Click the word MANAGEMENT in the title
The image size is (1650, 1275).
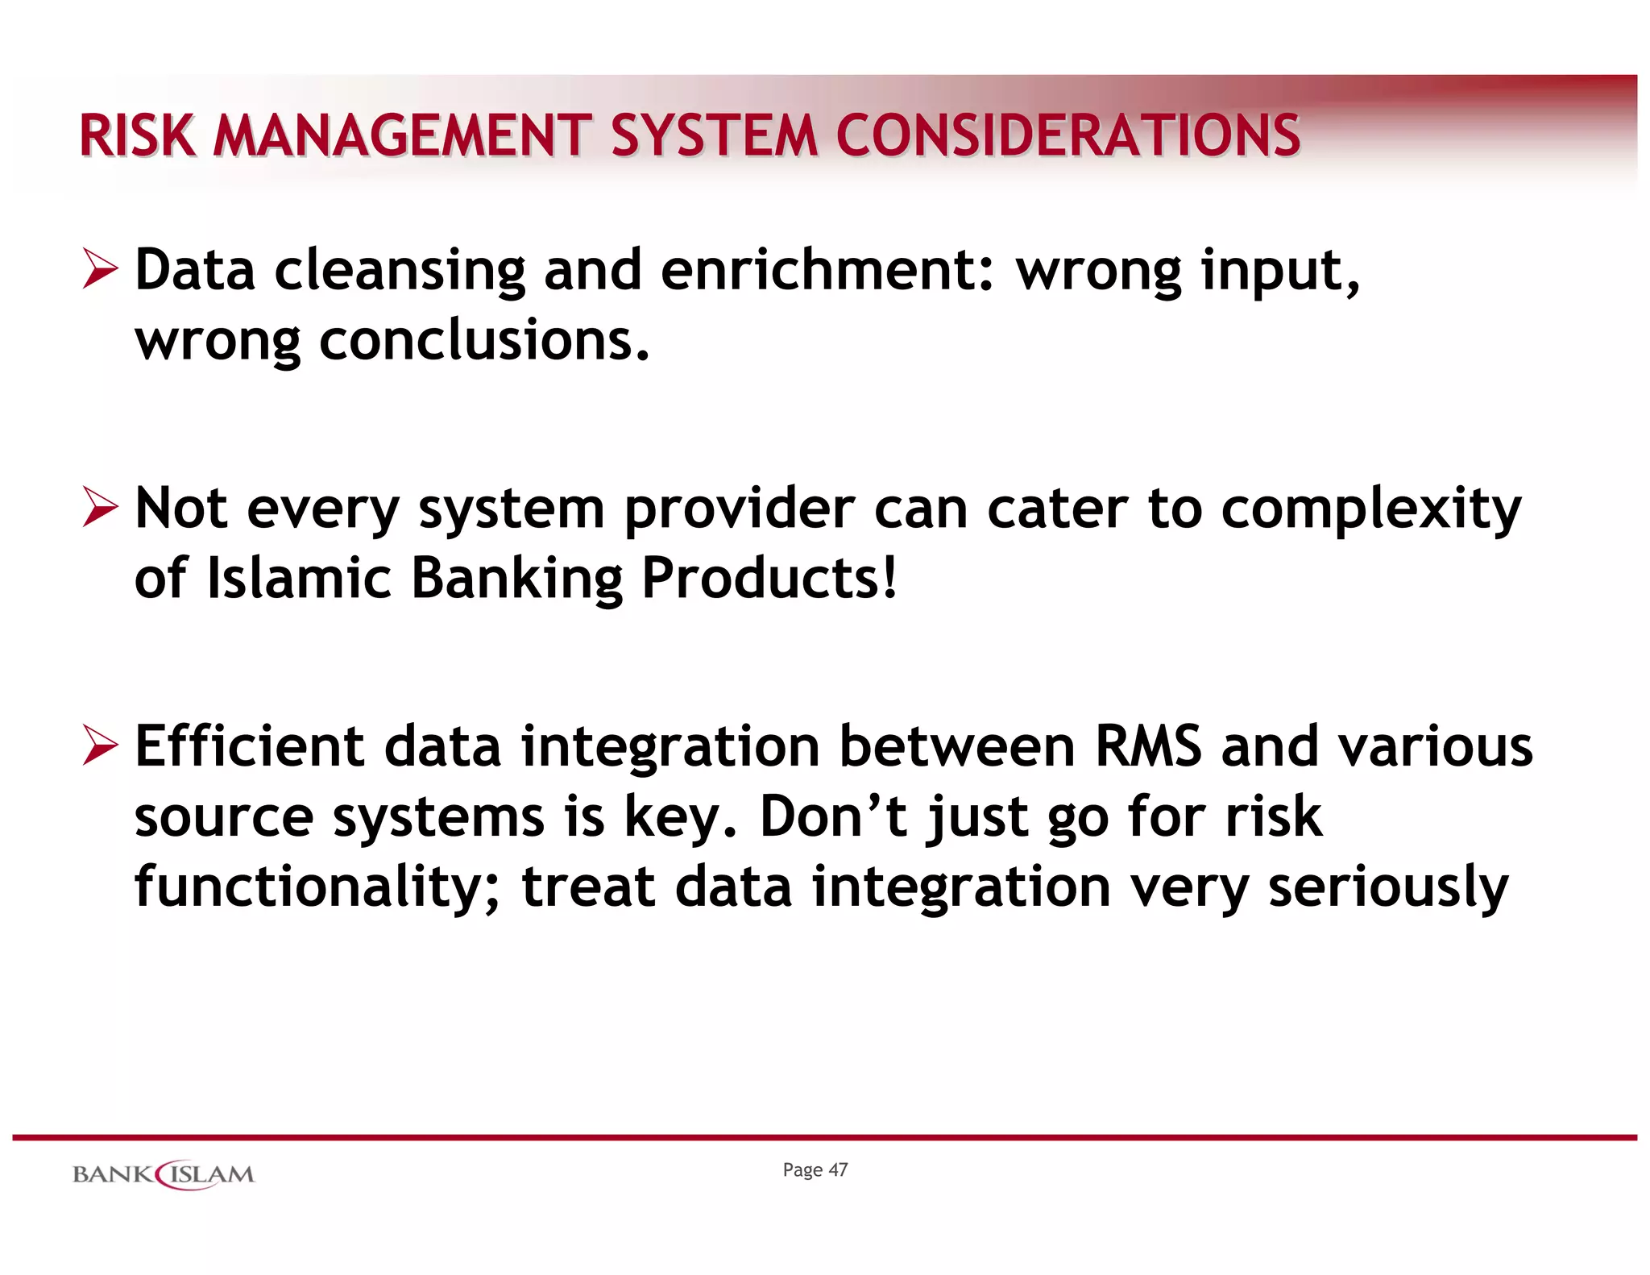pyautogui.click(x=403, y=135)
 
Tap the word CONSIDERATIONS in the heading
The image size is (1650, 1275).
pyautogui.click(x=1068, y=135)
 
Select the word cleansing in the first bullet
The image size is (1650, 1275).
pyautogui.click(x=400, y=271)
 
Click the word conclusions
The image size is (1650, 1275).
pyautogui.click(x=484, y=340)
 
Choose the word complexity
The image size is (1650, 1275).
pyautogui.click(x=1370, y=511)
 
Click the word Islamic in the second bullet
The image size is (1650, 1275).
pyautogui.click(x=299, y=579)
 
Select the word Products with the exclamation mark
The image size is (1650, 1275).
pyautogui.click(x=769, y=579)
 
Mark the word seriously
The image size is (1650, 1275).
pyautogui.click(x=1387, y=887)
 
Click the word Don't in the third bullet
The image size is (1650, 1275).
pyautogui.click(x=833, y=816)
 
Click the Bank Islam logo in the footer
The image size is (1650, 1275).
pyautogui.click(x=164, y=1174)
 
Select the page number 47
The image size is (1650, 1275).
pyautogui.click(x=838, y=1170)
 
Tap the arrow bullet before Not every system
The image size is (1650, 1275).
pyautogui.click(x=100, y=509)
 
